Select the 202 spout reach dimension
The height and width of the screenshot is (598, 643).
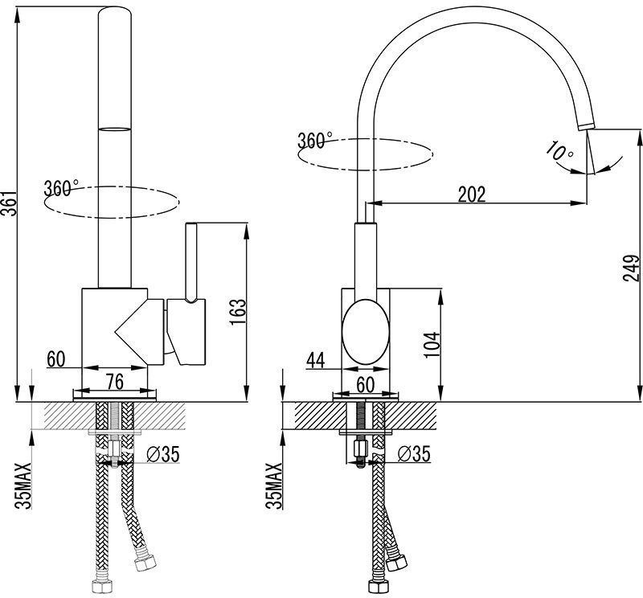click(x=472, y=194)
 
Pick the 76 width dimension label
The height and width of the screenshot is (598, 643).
click(x=116, y=379)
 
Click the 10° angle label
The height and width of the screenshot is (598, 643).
click(x=559, y=151)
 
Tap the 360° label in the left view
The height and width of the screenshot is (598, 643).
click(x=61, y=189)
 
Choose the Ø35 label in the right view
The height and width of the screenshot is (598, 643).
click(x=414, y=454)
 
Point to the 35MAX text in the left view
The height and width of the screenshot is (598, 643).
click(x=25, y=485)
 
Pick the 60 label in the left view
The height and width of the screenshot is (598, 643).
click(x=55, y=359)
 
